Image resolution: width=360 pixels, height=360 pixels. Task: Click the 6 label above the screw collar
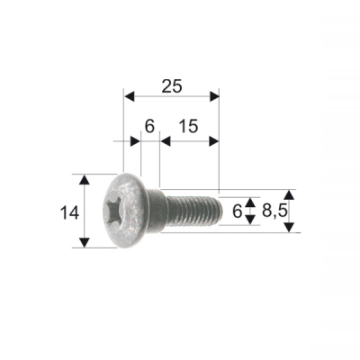(x=149, y=127)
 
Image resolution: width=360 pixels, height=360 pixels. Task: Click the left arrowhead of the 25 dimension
(x=128, y=94)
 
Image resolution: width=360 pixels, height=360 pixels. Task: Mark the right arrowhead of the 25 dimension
(x=214, y=94)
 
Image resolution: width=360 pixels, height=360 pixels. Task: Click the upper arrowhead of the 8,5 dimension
(x=289, y=194)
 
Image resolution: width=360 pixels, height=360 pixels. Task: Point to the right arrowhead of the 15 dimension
(x=214, y=140)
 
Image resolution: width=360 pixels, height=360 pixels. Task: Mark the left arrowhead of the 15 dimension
(x=164, y=140)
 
